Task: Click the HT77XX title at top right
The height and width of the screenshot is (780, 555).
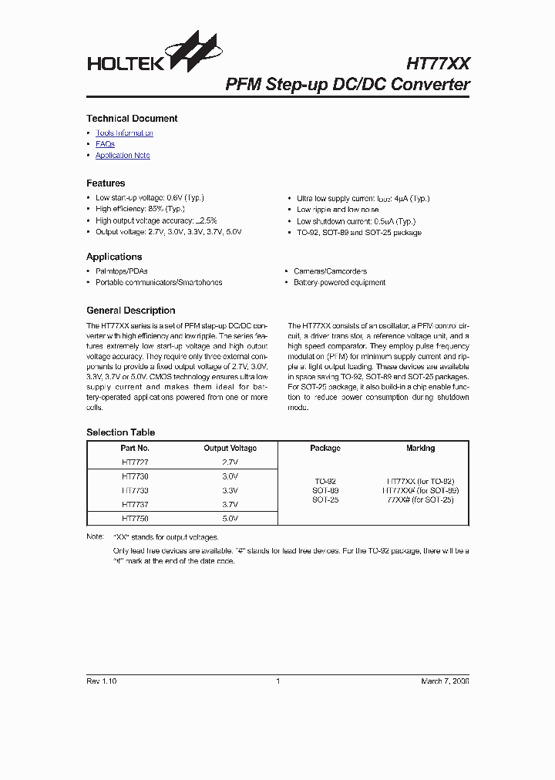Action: point(437,62)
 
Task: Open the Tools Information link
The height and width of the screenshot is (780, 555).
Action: point(124,133)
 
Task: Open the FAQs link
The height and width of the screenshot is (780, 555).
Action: point(105,144)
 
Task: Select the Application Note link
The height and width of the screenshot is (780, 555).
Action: point(123,156)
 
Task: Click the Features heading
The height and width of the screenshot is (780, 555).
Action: point(106,183)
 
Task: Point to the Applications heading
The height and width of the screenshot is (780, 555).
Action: point(114,257)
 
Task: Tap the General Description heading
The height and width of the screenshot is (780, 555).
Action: point(130,311)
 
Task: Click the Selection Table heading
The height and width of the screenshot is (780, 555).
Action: point(120,432)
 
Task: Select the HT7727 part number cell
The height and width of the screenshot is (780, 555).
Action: point(135,462)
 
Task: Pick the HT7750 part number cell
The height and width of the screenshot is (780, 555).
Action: point(135,519)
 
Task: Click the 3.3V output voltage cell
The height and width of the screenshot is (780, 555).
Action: point(230,490)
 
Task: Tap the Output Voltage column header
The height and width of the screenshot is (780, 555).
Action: point(230,449)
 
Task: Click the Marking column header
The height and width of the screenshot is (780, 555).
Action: point(420,449)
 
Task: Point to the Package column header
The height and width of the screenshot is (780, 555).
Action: point(325,449)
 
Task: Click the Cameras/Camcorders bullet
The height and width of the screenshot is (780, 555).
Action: point(330,271)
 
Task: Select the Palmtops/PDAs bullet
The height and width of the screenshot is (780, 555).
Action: point(121,271)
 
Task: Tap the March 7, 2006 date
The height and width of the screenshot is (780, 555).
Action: point(445,681)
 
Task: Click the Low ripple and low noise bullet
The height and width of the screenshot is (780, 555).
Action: point(338,210)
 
